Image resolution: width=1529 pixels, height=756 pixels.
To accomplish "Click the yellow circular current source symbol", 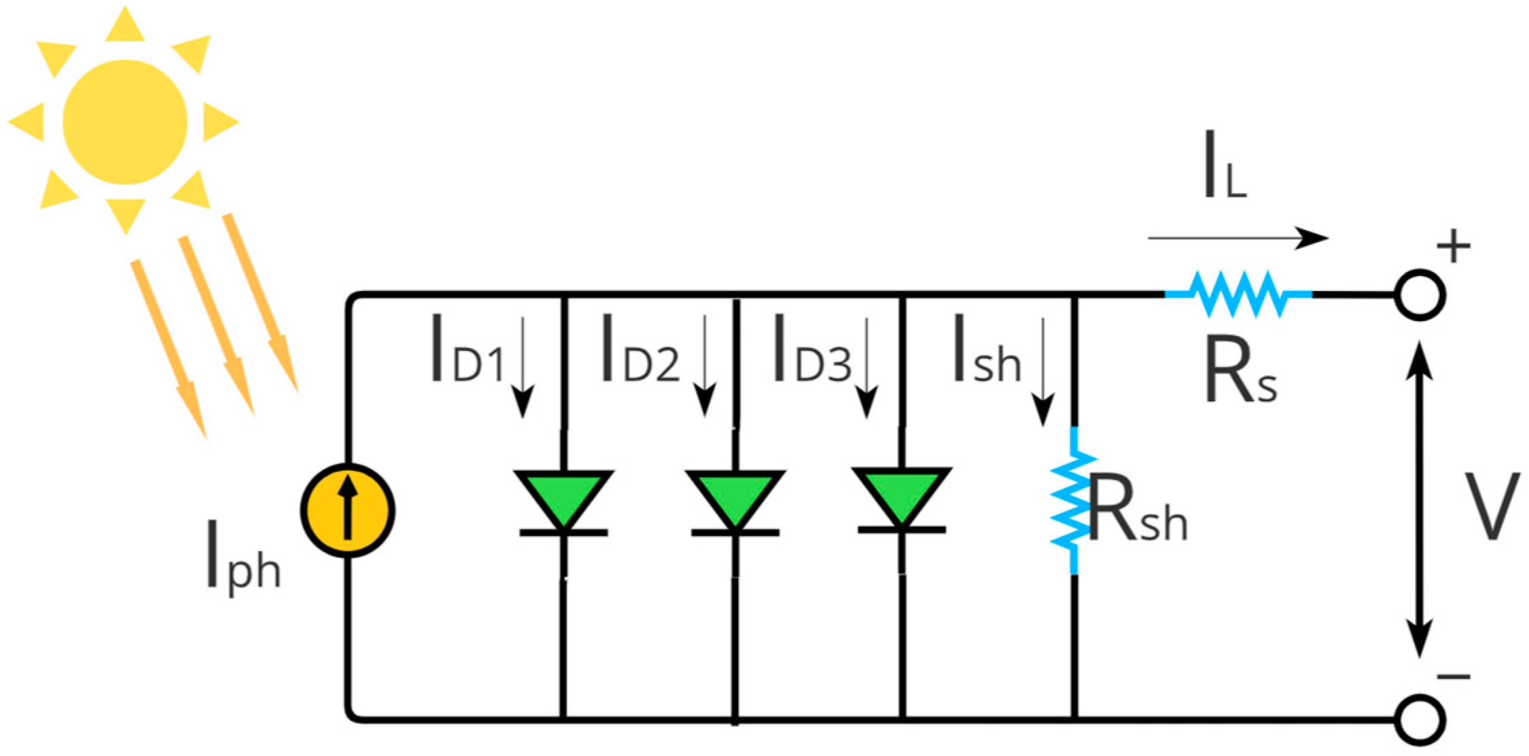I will [x=347, y=511].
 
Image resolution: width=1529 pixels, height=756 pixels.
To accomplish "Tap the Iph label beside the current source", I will [x=243, y=556].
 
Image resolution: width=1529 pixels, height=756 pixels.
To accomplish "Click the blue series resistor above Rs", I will [x=1238, y=294].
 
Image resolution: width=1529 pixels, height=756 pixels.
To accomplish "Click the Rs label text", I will [x=1240, y=371].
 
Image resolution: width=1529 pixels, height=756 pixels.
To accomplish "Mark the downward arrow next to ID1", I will [x=522, y=367].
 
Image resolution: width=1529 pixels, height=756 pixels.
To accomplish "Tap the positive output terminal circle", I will [x=1420, y=295].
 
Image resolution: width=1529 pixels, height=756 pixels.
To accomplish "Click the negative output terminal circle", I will [x=1420, y=719].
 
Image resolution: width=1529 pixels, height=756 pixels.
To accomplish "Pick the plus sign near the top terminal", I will [x=1454, y=246].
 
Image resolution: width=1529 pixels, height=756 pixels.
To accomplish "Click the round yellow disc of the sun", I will [x=125, y=122].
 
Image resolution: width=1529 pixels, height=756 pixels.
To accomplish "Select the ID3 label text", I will [x=811, y=349].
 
